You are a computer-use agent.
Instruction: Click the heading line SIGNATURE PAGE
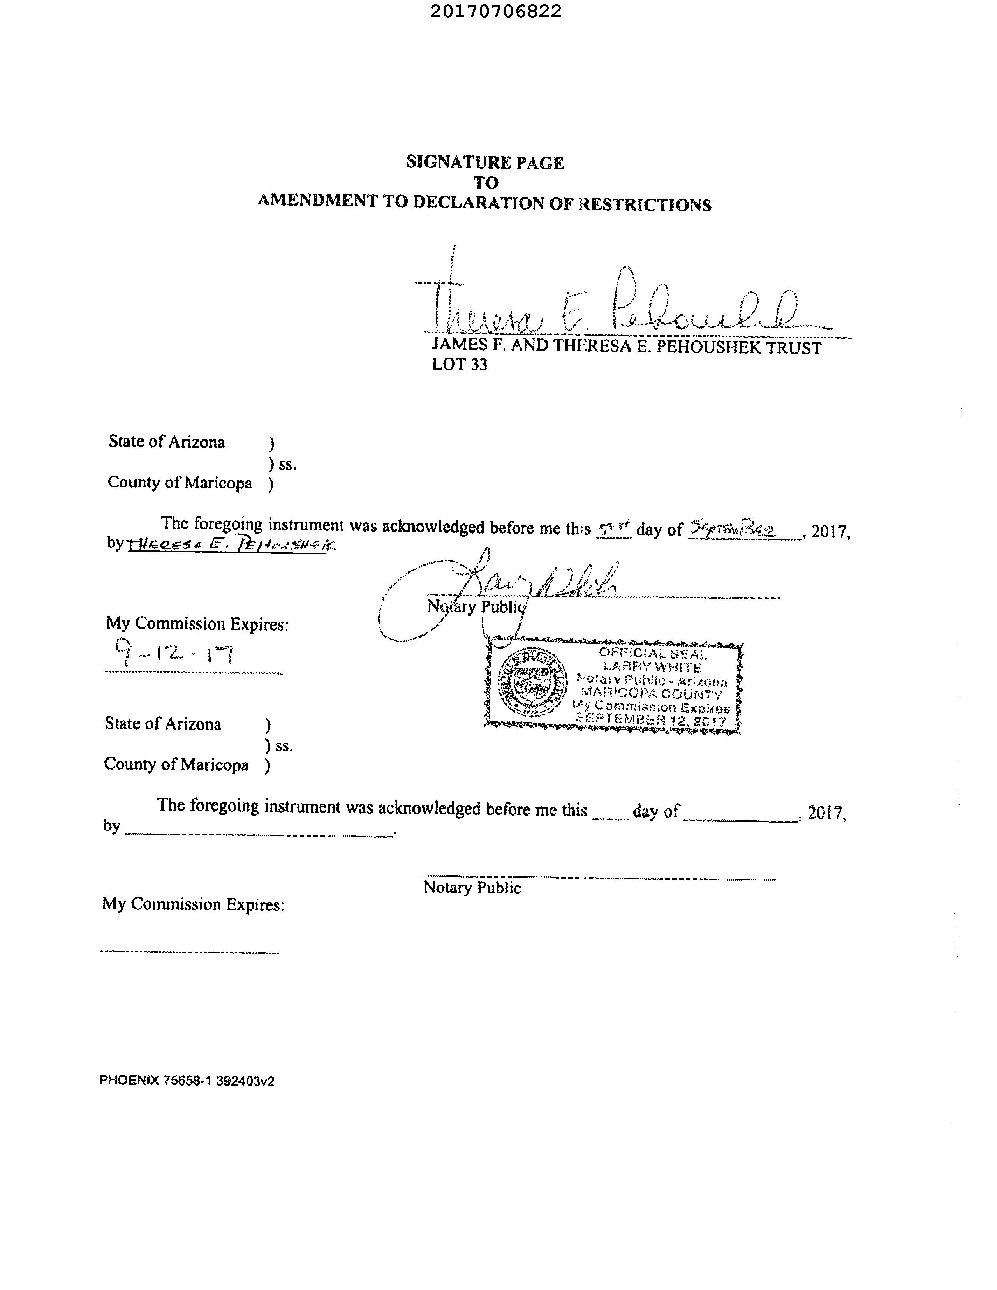click(485, 162)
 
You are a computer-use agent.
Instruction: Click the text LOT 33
click(460, 365)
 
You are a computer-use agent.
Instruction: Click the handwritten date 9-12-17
click(174, 654)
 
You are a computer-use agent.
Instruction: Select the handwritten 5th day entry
click(613, 527)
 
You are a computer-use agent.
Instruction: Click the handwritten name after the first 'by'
click(230, 545)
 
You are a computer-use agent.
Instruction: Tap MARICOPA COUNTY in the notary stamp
click(652, 693)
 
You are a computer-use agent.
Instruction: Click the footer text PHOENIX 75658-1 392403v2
click(187, 1081)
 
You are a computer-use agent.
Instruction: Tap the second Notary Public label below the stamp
click(471, 887)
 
